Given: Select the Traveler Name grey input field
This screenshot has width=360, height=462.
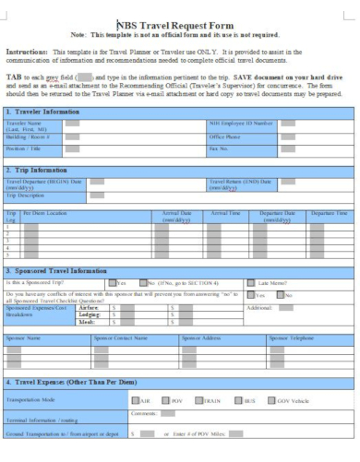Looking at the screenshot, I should [x=71, y=123].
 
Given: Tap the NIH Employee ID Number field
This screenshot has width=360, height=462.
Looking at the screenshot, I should [x=287, y=123].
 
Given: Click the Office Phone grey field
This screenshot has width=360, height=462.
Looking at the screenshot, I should [x=287, y=135].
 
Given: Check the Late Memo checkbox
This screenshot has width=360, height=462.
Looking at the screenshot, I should [x=251, y=282].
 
